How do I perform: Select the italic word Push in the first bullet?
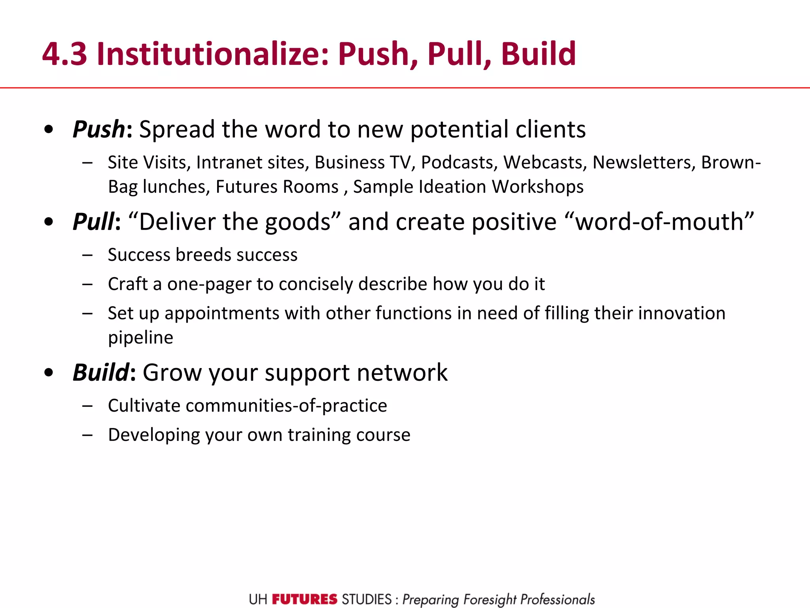coord(99,129)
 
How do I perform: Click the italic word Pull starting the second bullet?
coord(93,222)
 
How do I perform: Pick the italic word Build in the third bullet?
coord(101,372)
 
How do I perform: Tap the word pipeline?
coord(140,338)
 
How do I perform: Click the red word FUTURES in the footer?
coord(305,599)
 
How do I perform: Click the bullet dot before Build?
coord(49,372)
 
